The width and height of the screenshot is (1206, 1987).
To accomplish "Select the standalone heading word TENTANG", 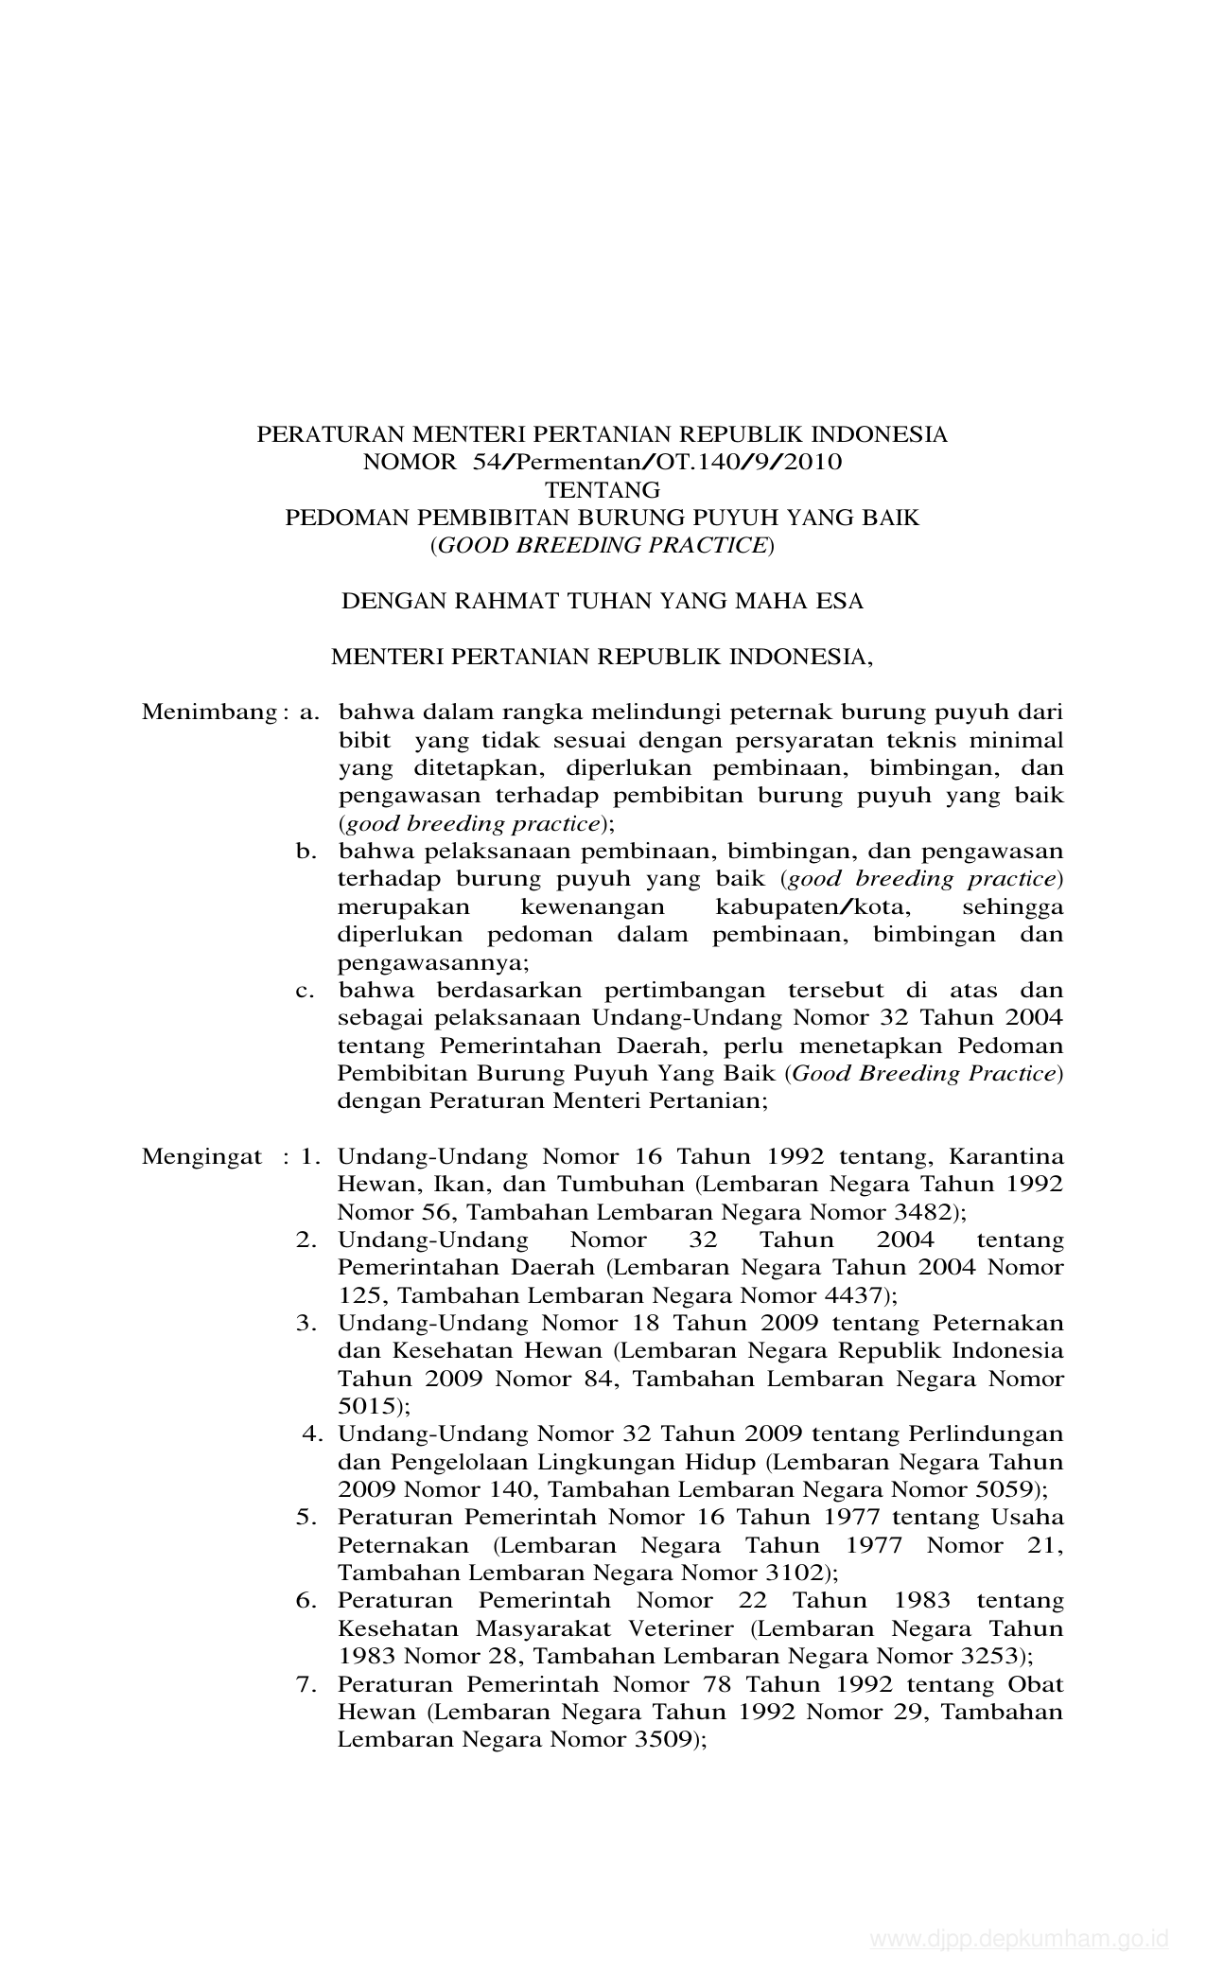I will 602,490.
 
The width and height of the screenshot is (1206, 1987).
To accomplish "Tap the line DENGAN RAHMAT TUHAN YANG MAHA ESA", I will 602,601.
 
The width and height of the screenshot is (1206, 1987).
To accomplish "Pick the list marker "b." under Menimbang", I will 306,852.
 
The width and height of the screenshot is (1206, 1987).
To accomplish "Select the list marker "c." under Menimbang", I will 306,991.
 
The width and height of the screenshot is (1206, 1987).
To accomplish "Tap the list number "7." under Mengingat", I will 306,1685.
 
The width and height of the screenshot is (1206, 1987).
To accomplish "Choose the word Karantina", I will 1005,1157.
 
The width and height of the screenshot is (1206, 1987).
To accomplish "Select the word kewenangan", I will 593,907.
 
